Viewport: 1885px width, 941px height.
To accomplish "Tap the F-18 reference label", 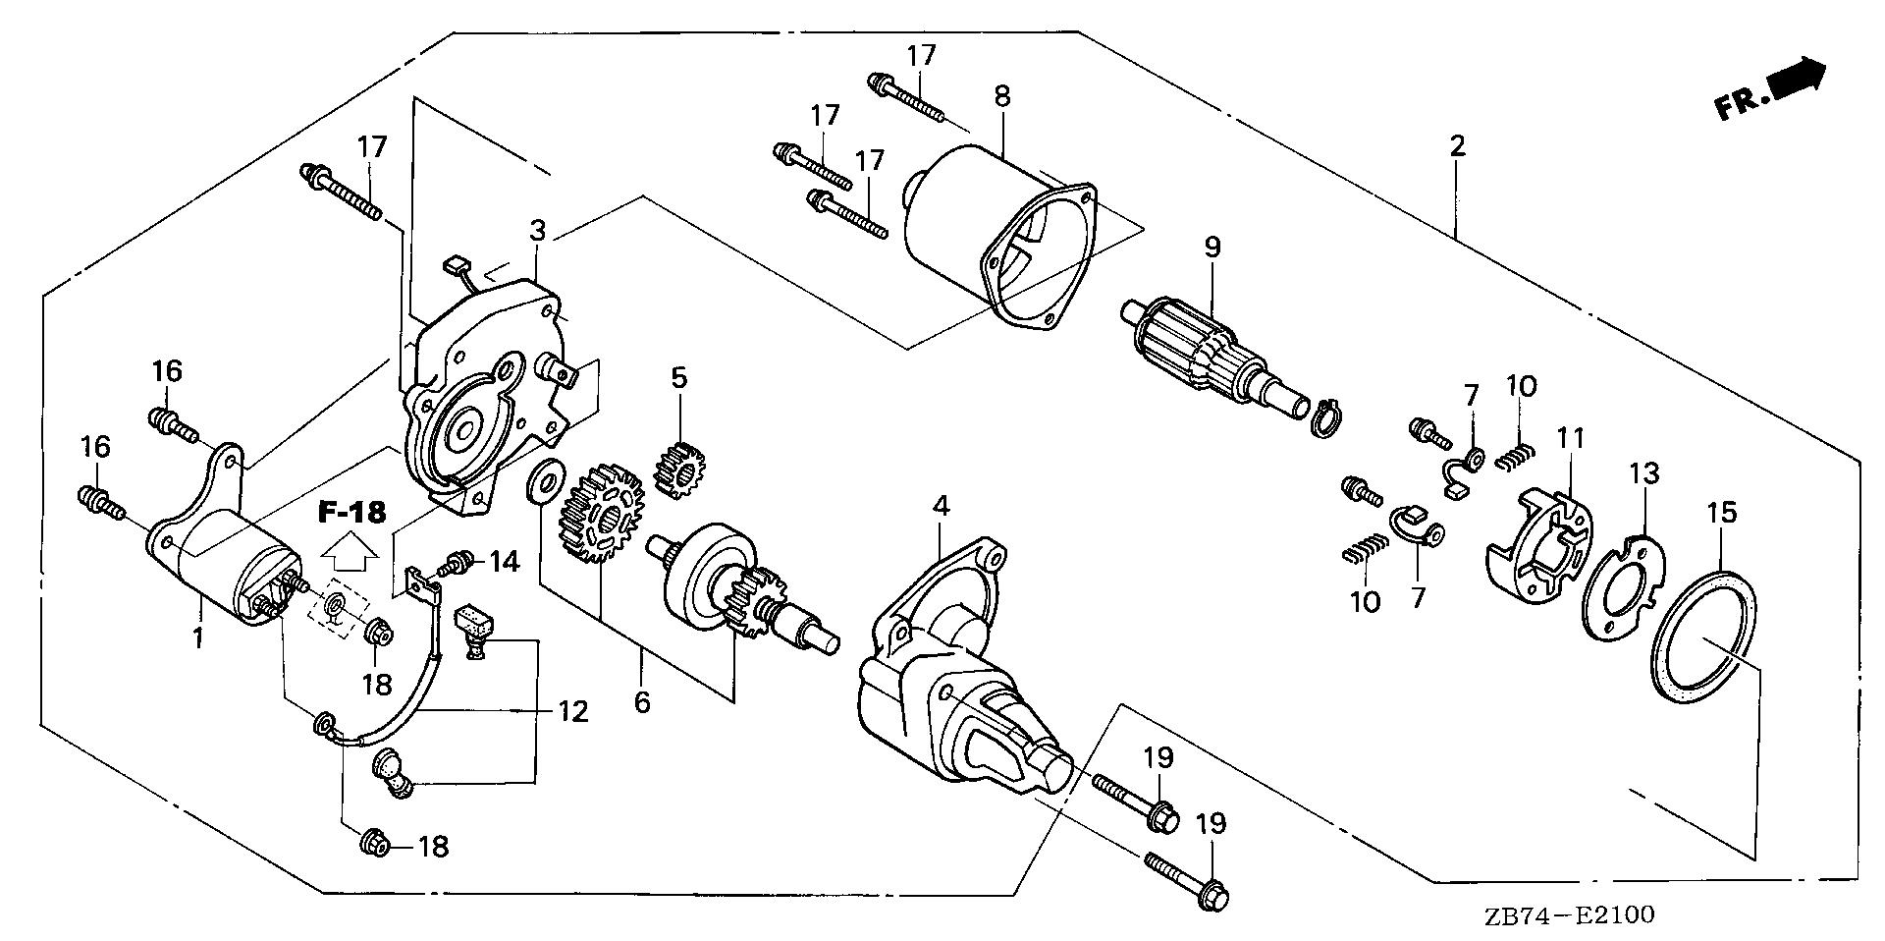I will coord(352,512).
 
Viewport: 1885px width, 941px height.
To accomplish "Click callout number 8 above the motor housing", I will coord(1001,96).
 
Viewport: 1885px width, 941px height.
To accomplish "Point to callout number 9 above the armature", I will coord(1212,247).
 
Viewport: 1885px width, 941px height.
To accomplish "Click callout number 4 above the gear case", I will coord(941,507).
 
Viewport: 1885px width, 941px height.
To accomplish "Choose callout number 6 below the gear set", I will coord(642,701).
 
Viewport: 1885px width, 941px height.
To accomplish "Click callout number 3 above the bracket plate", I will coord(537,231).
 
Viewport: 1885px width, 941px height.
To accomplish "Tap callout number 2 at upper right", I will coord(1457,146).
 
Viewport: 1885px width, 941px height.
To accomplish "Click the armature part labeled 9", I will coord(1208,343).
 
